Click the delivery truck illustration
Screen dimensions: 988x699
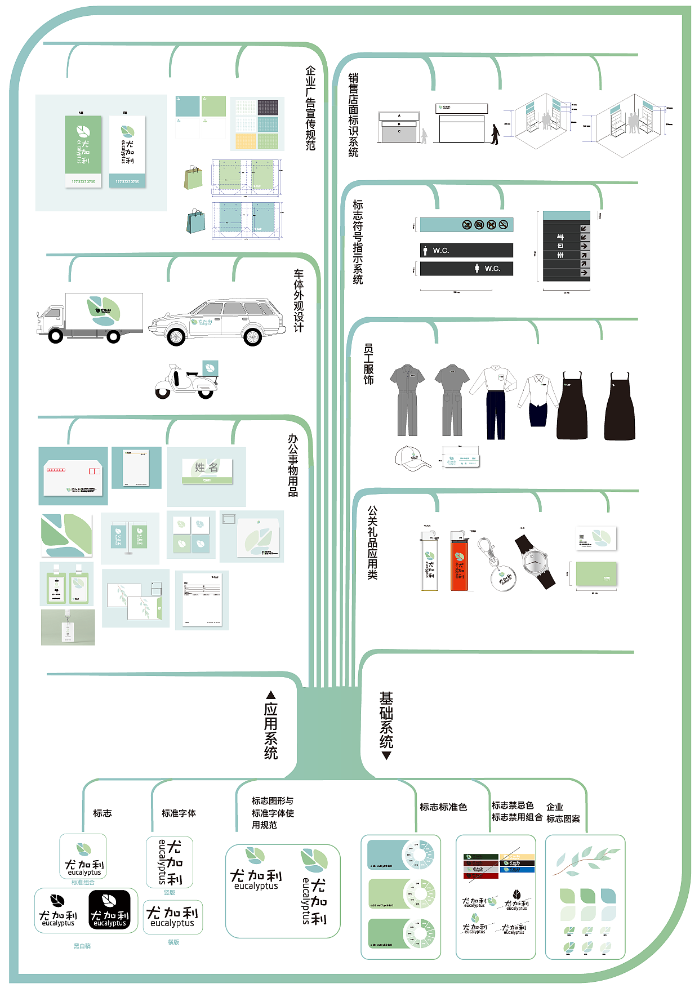[90, 317]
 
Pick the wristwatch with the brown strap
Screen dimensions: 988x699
[535, 562]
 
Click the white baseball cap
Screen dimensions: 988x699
[413, 457]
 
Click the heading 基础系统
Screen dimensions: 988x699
[386, 719]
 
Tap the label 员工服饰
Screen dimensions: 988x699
[368, 364]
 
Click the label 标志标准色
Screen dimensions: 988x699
[443, 807]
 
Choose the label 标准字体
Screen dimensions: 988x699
[179, 813]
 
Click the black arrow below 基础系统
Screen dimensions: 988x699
[386, 755]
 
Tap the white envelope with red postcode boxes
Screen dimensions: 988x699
[73, 477]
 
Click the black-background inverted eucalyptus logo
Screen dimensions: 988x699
[110, 910]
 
